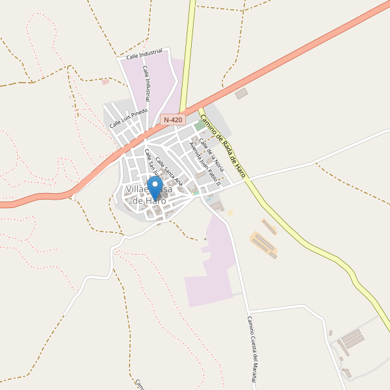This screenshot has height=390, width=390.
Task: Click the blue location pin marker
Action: coord(155,187)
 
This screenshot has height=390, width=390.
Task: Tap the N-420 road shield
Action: coord(174,120)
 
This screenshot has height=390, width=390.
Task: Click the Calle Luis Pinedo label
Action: coord(129,118)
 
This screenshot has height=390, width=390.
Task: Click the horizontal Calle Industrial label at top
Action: coord(144,56)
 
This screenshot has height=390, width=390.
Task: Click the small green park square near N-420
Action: coord(198,126)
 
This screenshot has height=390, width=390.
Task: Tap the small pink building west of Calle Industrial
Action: coord(105,82)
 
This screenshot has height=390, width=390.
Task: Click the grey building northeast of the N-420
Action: coord(241,94)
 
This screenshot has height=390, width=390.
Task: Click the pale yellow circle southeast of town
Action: coord(229,213)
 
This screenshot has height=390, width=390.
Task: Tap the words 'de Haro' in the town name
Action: coord(149,201)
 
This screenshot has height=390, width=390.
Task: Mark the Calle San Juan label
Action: coord(152,163)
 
